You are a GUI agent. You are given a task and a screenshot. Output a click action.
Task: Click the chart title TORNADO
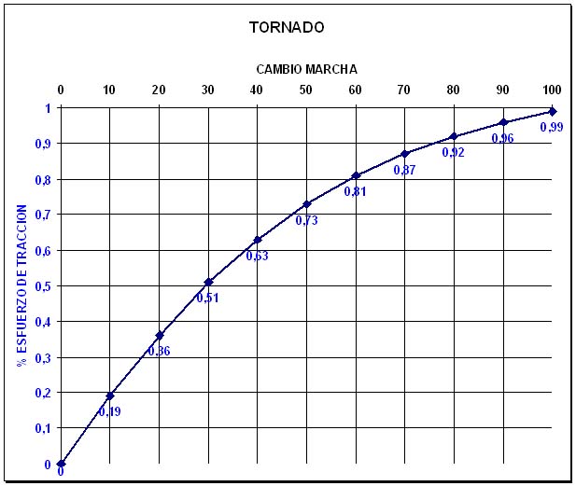[x=287, y=27]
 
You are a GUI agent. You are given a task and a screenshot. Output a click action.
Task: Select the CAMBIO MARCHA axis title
[x=306, y=69]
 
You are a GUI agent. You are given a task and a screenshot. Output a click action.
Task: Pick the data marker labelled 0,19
[x=110, y=396]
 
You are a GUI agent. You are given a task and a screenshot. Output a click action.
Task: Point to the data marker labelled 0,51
[x=208, y=282]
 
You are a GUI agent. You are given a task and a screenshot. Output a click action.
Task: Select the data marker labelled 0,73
[x=306, y=203]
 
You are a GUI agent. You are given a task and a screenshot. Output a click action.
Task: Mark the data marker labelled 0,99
[x=552, y=111]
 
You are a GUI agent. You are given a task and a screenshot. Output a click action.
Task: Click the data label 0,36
[x=159, y=352]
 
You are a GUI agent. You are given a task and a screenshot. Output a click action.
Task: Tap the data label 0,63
[x=257, y=256]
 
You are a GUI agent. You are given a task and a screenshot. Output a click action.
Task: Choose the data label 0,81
[x=355, y=191]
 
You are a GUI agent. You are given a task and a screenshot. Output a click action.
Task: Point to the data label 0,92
[x=453, y=152]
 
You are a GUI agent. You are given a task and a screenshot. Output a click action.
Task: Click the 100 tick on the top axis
[x=552, y=90]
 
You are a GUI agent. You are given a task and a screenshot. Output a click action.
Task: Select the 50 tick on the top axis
[x=306, y=90]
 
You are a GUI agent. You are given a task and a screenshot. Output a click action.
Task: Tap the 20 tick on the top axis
[x=159, y=90]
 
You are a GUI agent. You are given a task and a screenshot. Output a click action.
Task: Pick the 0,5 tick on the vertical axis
[x=43, y=285]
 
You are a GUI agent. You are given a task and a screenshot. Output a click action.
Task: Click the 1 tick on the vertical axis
[x=48, y=108]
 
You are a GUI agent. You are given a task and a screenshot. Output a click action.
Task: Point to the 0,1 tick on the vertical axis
[x=43, y=428]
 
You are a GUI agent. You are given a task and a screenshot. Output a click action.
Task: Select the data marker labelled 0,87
[x=404, y=154]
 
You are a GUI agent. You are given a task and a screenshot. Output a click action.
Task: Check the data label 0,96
[x=502, y=138]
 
